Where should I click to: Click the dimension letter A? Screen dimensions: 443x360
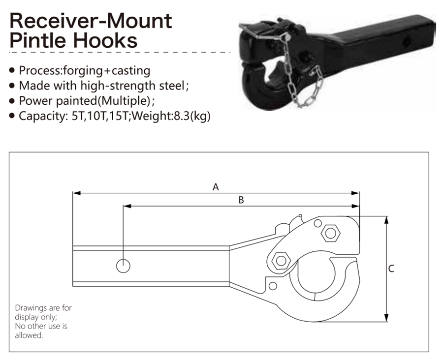pos(216,187)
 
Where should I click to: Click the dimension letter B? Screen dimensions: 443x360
pos(241,200)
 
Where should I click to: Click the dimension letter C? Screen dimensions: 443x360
pos(391,269)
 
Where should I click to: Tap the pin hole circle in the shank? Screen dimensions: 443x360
pos(123,266)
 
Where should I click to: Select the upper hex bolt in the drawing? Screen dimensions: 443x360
pos(331,233)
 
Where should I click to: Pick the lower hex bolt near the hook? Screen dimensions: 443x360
pos(281,261)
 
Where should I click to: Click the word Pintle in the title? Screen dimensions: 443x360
pos(39,40)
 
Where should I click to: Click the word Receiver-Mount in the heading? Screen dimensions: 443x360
pos(91,20)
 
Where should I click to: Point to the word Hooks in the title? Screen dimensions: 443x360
pos(105,40)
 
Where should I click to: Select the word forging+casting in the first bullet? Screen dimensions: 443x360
pos(106,71)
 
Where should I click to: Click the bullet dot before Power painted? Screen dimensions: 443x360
pos(12,101)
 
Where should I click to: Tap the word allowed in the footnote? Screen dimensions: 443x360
pos(29,335)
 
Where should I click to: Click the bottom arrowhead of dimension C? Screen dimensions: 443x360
pos(387,318)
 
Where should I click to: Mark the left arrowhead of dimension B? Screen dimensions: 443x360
pos(127,206)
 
